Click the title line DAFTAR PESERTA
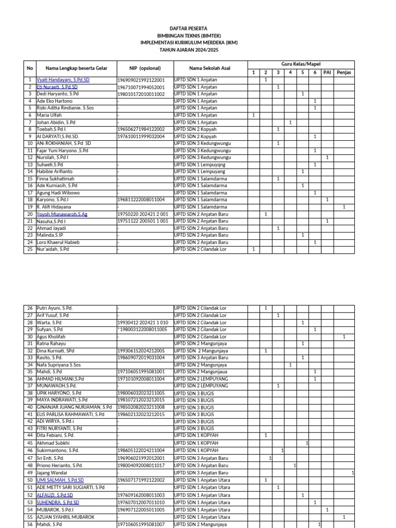[x=189, y=28]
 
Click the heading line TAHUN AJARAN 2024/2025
[x=189, y=50]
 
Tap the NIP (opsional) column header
[x=145, y=68]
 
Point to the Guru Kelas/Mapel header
[x=301, y=63]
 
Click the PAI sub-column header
[x=327, y=72]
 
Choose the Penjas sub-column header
[x=344, y=72]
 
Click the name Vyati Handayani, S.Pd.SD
[x=63, y=80]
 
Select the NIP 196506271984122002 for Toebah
[x=141, y=129]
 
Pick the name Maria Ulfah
[x=49, y=115]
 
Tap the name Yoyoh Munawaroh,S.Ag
[x=62, y=214]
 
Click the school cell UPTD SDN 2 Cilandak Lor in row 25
[x=200, y=249]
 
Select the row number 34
[x=29, y=365]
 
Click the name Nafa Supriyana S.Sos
[x=58, y=365]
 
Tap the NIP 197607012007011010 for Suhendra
[x=141, y=502]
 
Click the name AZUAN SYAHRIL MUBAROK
[x=65, y=516]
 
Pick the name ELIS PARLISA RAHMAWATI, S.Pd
[x=70, y=414]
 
